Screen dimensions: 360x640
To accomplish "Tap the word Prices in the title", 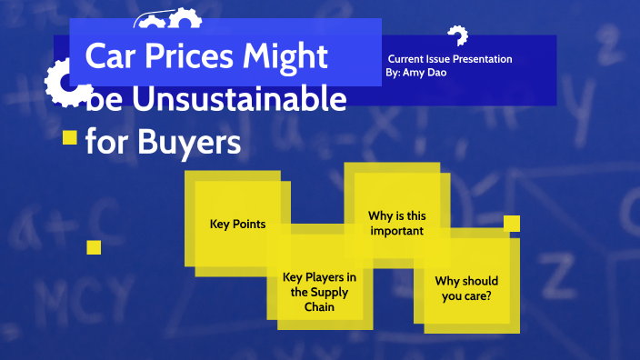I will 186,56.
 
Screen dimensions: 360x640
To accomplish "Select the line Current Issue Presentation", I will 450,59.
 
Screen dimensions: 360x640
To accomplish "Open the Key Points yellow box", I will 238,224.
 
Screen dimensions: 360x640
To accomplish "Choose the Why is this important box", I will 396,223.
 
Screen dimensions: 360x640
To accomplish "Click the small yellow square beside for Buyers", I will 68,137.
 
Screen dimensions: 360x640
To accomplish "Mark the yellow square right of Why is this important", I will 511,223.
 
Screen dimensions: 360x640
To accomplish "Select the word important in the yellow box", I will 396,231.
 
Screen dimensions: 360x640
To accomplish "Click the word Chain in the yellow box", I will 319,306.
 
